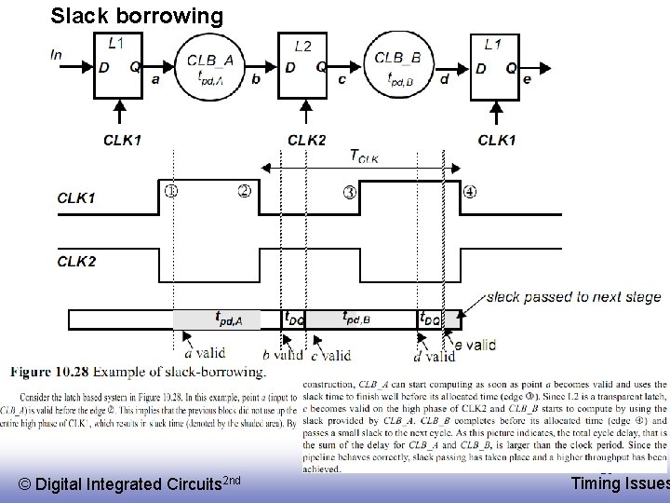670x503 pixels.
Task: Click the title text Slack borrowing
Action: pos(137,16)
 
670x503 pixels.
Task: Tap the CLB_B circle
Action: pos(397,65)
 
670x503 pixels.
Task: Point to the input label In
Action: pos(57,54)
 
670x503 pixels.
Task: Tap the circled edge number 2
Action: pos(244,192)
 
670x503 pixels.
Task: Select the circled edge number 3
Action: pos(349,193)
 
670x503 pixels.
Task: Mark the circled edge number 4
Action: pos(469,193)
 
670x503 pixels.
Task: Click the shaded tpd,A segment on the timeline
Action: pos(217,319)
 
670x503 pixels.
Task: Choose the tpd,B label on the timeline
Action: pos(358,319)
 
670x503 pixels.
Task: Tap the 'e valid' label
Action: pos(475,346)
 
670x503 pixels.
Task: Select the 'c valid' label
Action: pos(331,354)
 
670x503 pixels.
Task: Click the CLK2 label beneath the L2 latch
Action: pos(307,140)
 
